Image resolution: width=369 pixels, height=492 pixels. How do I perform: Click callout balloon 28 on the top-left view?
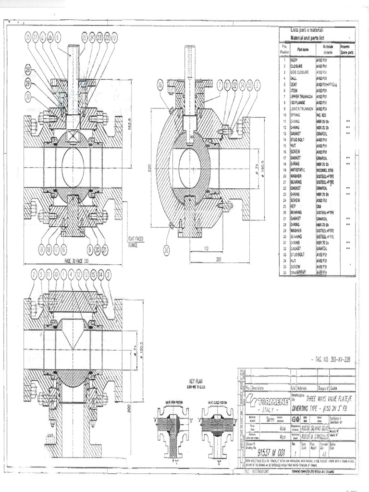point(28,70)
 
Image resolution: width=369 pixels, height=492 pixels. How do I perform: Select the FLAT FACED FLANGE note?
point(135,241)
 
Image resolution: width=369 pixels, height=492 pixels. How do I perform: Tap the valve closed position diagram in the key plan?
point(217,428)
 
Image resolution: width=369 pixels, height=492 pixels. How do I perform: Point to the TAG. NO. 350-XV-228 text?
point(334,359)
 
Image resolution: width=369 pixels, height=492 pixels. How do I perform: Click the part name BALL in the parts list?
point(295,78)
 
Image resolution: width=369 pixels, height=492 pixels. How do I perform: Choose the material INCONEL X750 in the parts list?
point(325,170)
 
